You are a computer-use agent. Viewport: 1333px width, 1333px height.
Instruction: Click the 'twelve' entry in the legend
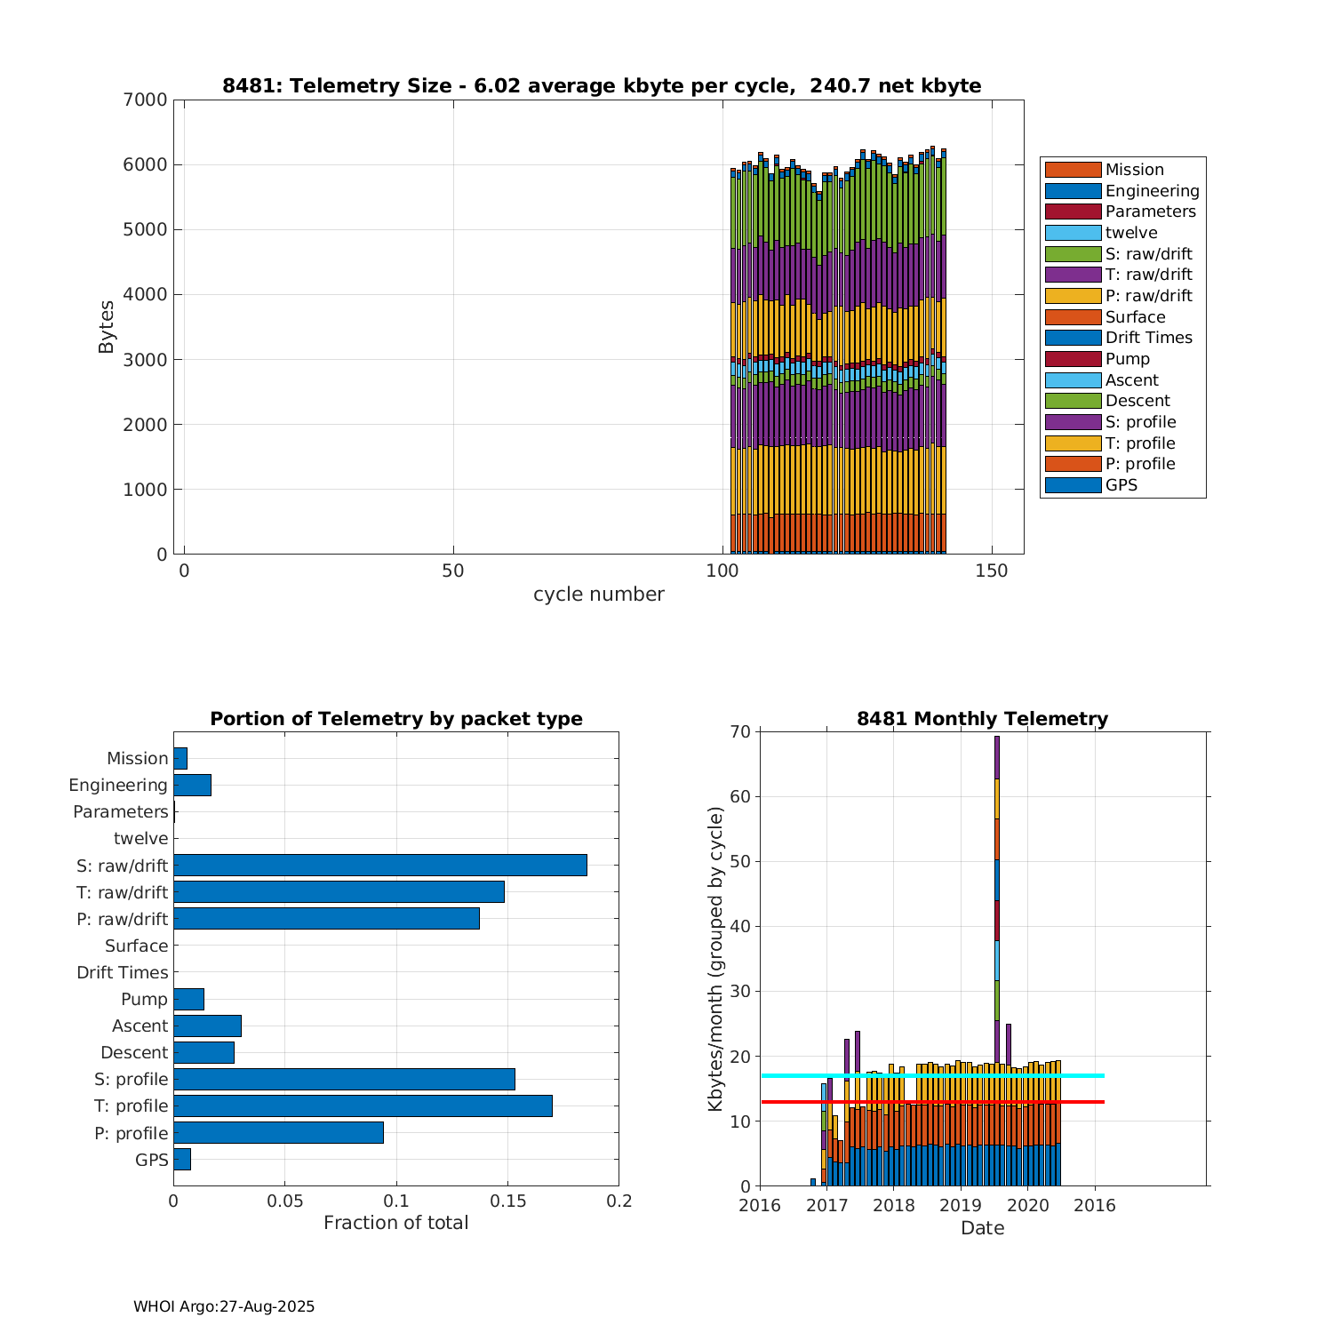tap(1130, 233)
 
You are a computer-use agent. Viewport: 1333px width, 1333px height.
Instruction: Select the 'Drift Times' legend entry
tap(1148, 338)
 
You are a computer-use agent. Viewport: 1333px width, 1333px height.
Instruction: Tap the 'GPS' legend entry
tap(1121, 485)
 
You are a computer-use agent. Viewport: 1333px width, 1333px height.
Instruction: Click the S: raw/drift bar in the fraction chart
tap(380, 866)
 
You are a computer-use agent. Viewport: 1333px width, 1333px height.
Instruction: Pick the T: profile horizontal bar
tap(363, 1106)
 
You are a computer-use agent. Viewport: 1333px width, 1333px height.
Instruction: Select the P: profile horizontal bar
tap(278, 1133)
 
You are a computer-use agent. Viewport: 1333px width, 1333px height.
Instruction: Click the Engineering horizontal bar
tap(192, 785)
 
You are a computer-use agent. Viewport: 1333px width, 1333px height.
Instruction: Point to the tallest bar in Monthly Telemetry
tap(996, 960)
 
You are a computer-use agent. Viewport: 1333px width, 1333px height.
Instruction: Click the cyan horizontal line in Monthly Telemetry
tap(933, 1076)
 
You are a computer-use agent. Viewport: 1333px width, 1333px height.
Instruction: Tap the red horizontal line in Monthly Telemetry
tap(933, 1102)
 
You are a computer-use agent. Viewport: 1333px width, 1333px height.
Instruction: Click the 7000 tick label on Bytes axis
tap(145, 100)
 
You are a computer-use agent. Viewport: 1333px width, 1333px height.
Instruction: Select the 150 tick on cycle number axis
tap(992, 571)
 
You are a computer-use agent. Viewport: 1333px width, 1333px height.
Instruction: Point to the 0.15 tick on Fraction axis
tap(507, 1201)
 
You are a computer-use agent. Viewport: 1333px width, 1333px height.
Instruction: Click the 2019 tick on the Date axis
tap(960, 1206)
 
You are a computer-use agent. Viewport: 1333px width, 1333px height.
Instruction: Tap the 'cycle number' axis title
tap(598, 595)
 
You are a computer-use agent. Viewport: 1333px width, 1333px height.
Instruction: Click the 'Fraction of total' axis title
tap(395, 1224)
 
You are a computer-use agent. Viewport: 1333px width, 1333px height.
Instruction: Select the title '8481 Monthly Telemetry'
tap(982, 719)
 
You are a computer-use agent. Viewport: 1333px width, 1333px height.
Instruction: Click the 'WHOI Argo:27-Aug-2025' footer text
tap(224, 1307)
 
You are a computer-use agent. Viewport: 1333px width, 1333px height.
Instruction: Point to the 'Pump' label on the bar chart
tap(144, 999)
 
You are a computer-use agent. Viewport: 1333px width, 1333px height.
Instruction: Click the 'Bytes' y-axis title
tap(107, 327)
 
